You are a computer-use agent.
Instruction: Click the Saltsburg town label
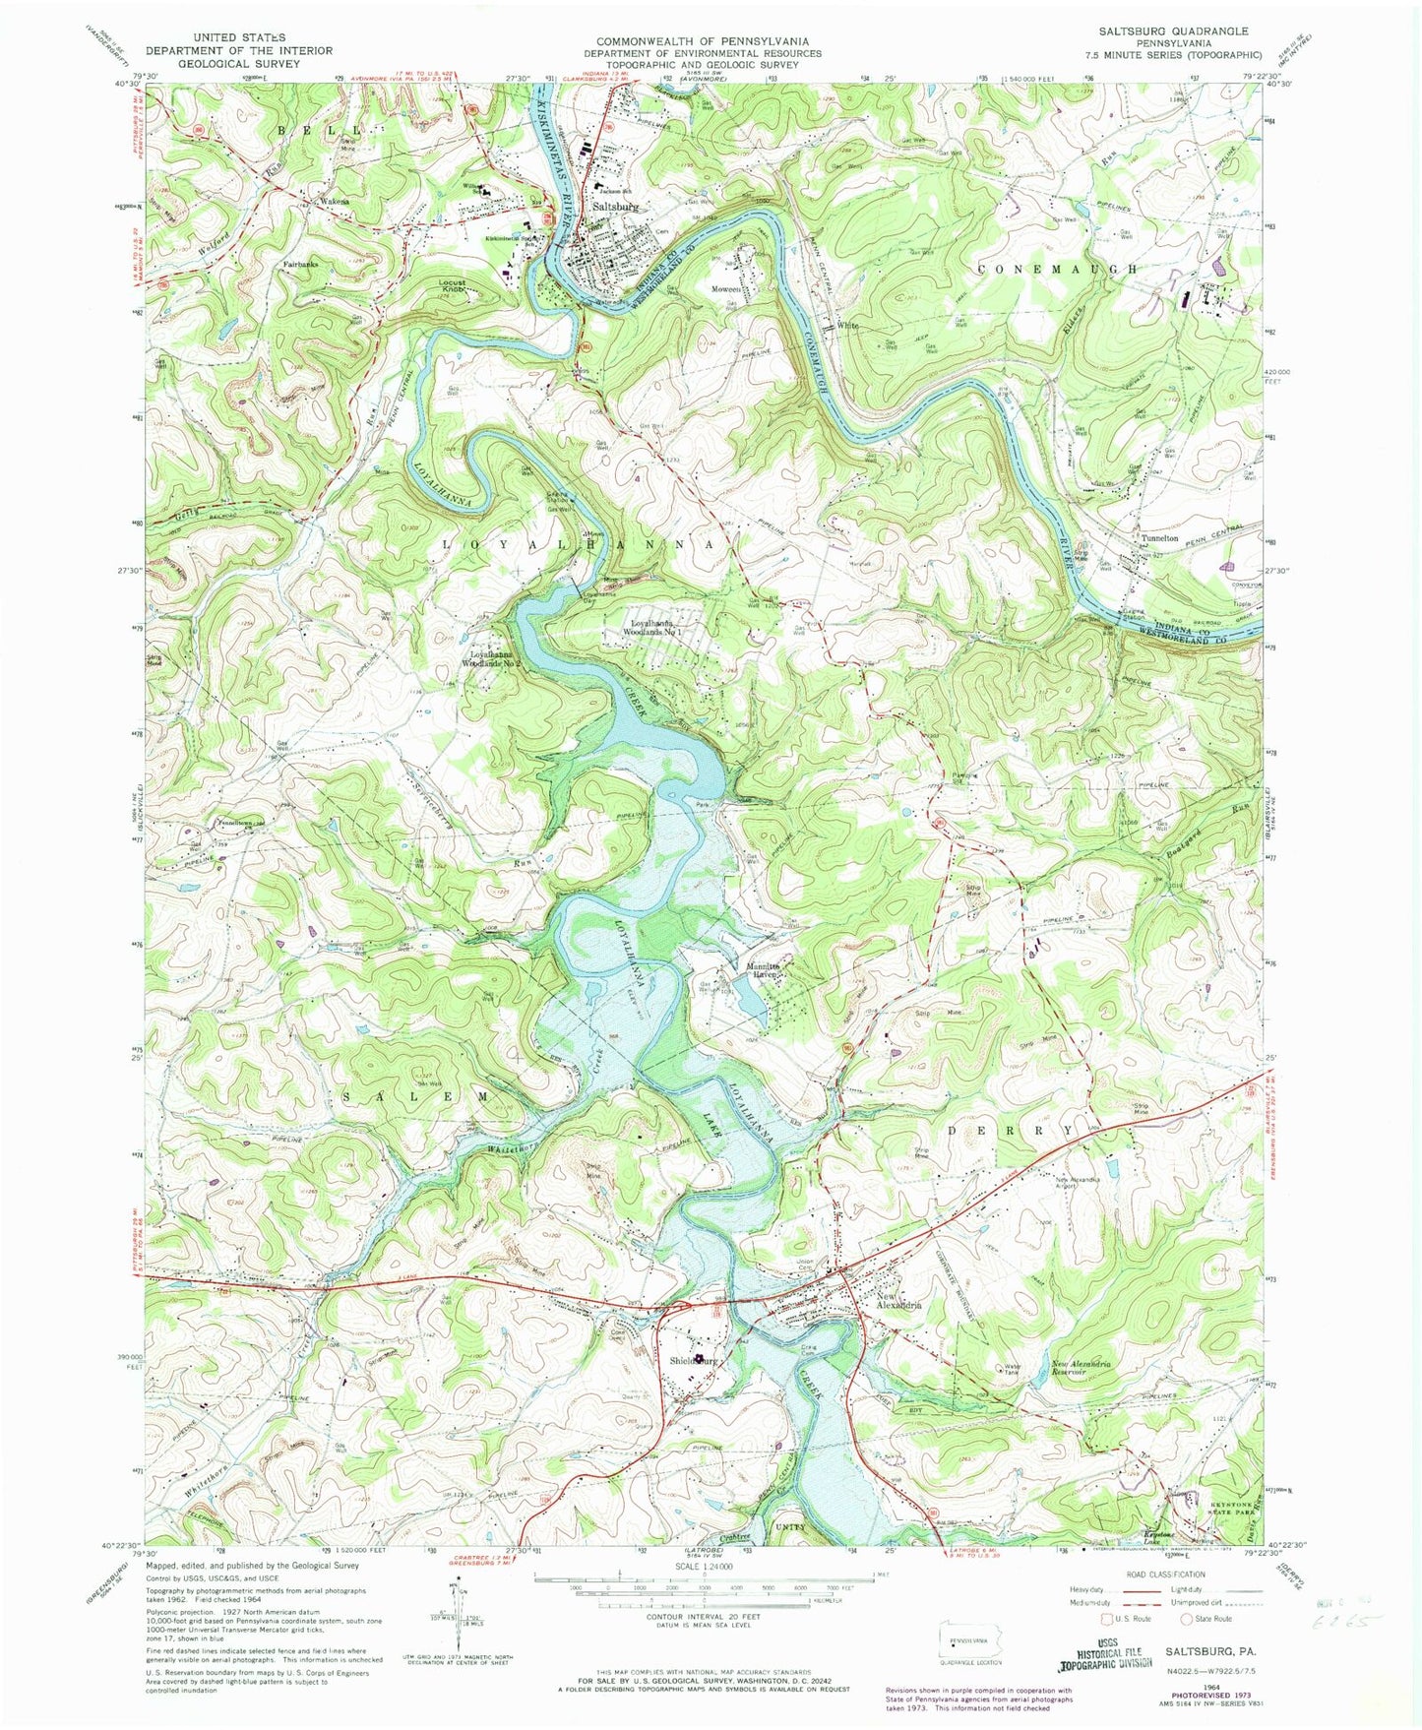point(616,207)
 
